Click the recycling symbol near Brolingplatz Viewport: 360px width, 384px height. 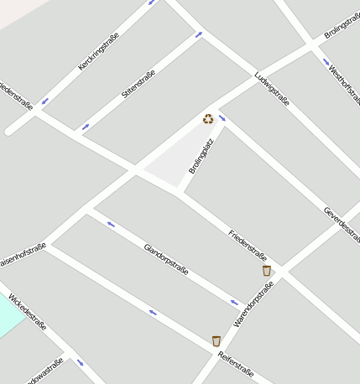pyautogui.click(x=208, y=119)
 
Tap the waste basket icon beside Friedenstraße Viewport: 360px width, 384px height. pyautogui.click(x=267, y=271)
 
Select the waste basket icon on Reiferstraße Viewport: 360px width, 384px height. pyautogui.click(x=217, y=341)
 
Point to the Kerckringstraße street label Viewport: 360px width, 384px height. pyautogui.click(x=99, y=50)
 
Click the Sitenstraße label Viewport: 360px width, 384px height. pyautogui.click(x=138, y=84)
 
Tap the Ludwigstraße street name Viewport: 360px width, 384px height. pyautogui.click(x=272, y=90)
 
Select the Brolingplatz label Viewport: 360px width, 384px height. pyautogui.click(x=201, y=155)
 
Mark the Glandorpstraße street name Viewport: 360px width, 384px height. pyautogui.click(x=166, y=260)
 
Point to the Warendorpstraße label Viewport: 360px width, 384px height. pyautogui.click(x=253, y=304)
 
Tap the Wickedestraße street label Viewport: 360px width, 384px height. pyautogui.click(x=28, y=312)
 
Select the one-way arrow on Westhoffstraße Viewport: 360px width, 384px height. pyautogui.click(x=326, y=61)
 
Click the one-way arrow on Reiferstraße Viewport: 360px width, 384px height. pyautogui.click(x=153, y=313)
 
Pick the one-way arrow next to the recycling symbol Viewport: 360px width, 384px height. pyautogui.click(x=222, y=118)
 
